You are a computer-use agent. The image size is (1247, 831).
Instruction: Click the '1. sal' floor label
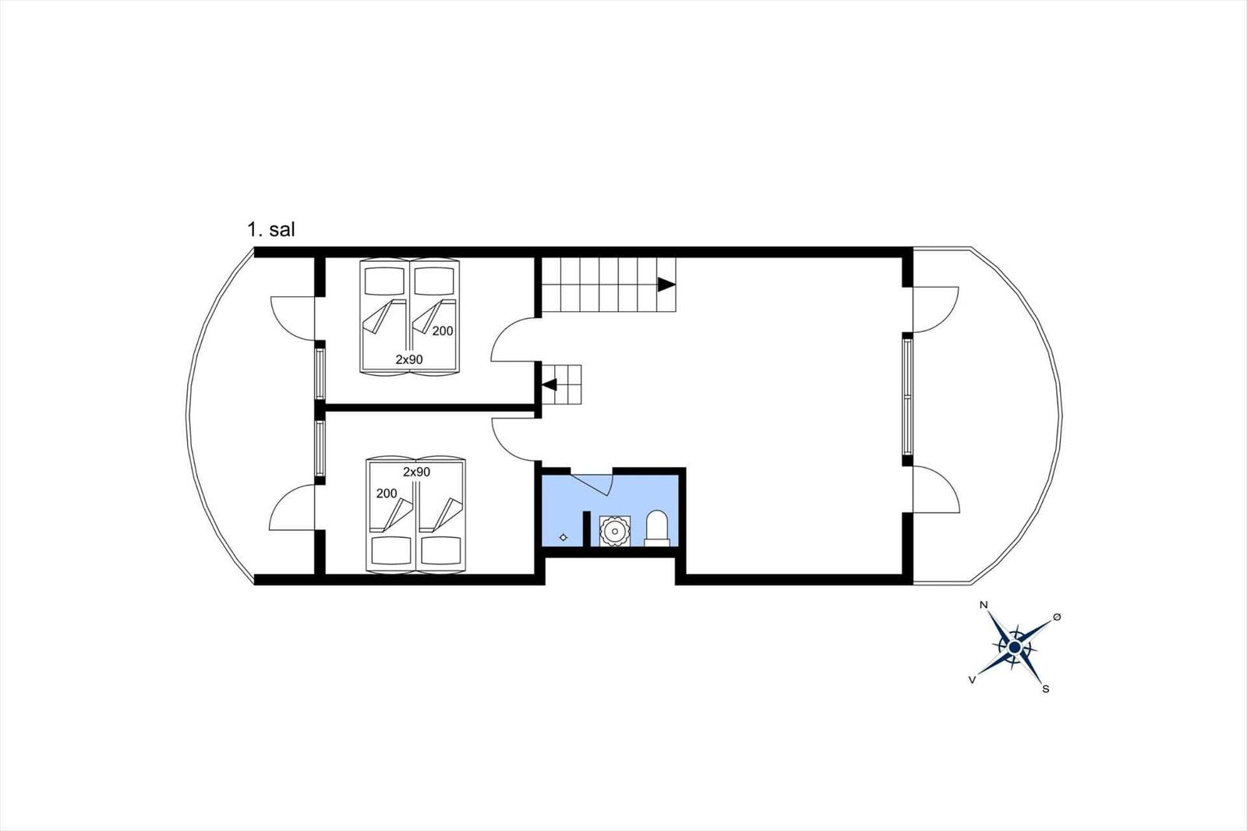(x=271, y=229)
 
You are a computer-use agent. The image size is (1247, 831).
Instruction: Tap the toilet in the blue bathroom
(x=657, y=528)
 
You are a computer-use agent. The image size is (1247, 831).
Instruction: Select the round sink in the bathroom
(x=615, y=531)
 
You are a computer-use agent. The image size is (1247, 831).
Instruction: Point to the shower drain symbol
(x=563, y=537)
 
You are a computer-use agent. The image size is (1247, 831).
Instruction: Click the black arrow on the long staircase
(x=666, y=285)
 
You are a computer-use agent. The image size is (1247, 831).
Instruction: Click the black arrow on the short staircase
(x=549, y=384)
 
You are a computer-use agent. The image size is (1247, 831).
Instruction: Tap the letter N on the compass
(x=984, y=605)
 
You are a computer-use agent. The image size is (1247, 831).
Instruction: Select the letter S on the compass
(x=1045, y=689)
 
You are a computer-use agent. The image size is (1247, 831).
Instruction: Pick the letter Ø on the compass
(x=1057, y=617)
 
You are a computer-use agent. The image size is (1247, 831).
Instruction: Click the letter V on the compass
(x=972, y=680)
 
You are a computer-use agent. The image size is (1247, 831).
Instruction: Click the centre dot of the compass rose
(x=1014, y=647)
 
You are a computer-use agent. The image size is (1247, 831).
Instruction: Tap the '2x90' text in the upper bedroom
(x=409, y=360)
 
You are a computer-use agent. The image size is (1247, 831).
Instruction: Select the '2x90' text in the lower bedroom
(x=416, y=472)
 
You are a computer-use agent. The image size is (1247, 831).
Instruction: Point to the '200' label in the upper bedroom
(x=443, y=331)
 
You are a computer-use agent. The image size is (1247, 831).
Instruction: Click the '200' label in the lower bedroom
(x=387, y=493)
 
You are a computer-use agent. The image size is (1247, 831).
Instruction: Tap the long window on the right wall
(x=907, y=397)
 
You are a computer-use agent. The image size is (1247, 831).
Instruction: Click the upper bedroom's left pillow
(x=384, y=281)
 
